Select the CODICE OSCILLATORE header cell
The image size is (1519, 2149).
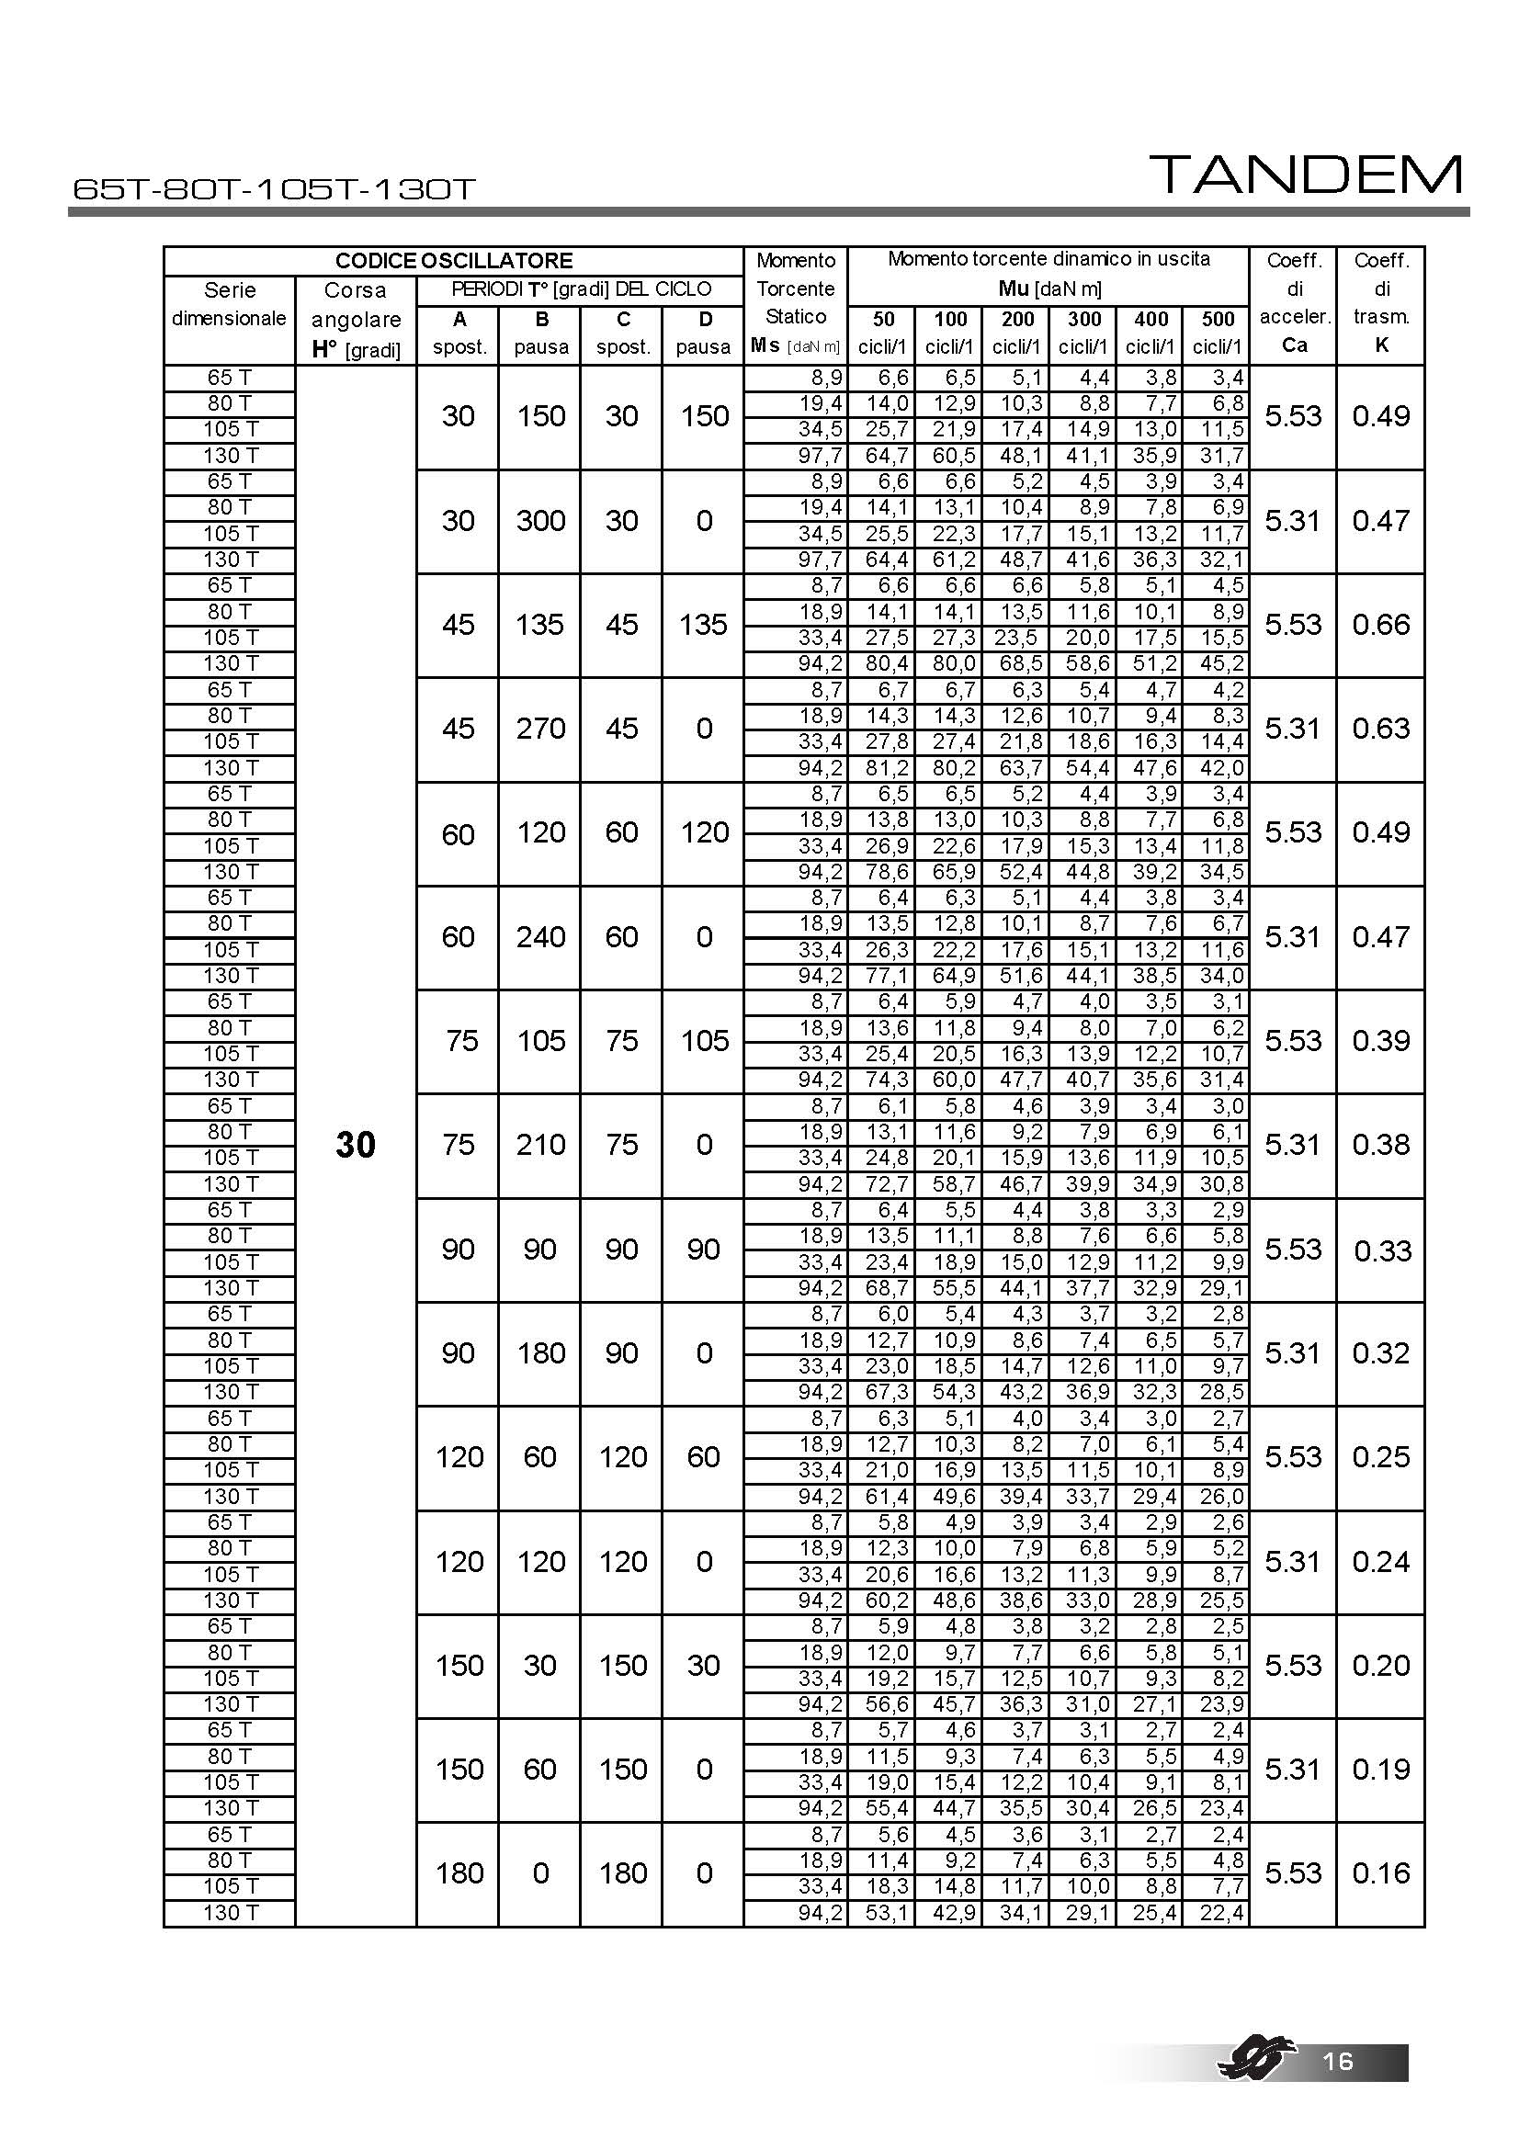(453, 261)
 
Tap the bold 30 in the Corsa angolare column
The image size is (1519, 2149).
(355, 1145)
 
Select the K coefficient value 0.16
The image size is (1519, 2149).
(1380, 1872)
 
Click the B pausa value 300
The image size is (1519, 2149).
(540, 520)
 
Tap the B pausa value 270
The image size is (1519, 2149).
(540, 729)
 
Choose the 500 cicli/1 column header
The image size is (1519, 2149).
(1217, 334)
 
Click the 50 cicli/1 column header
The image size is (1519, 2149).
(882, 334)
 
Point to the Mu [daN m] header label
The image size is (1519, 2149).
(1049, 289)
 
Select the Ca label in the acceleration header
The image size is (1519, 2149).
(1294, 345)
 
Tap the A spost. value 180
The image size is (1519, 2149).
(459, 1872)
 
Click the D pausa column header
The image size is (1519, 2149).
(704, 334)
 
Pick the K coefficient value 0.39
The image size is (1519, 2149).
(1380, 1041)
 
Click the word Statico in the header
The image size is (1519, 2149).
(796, 316)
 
